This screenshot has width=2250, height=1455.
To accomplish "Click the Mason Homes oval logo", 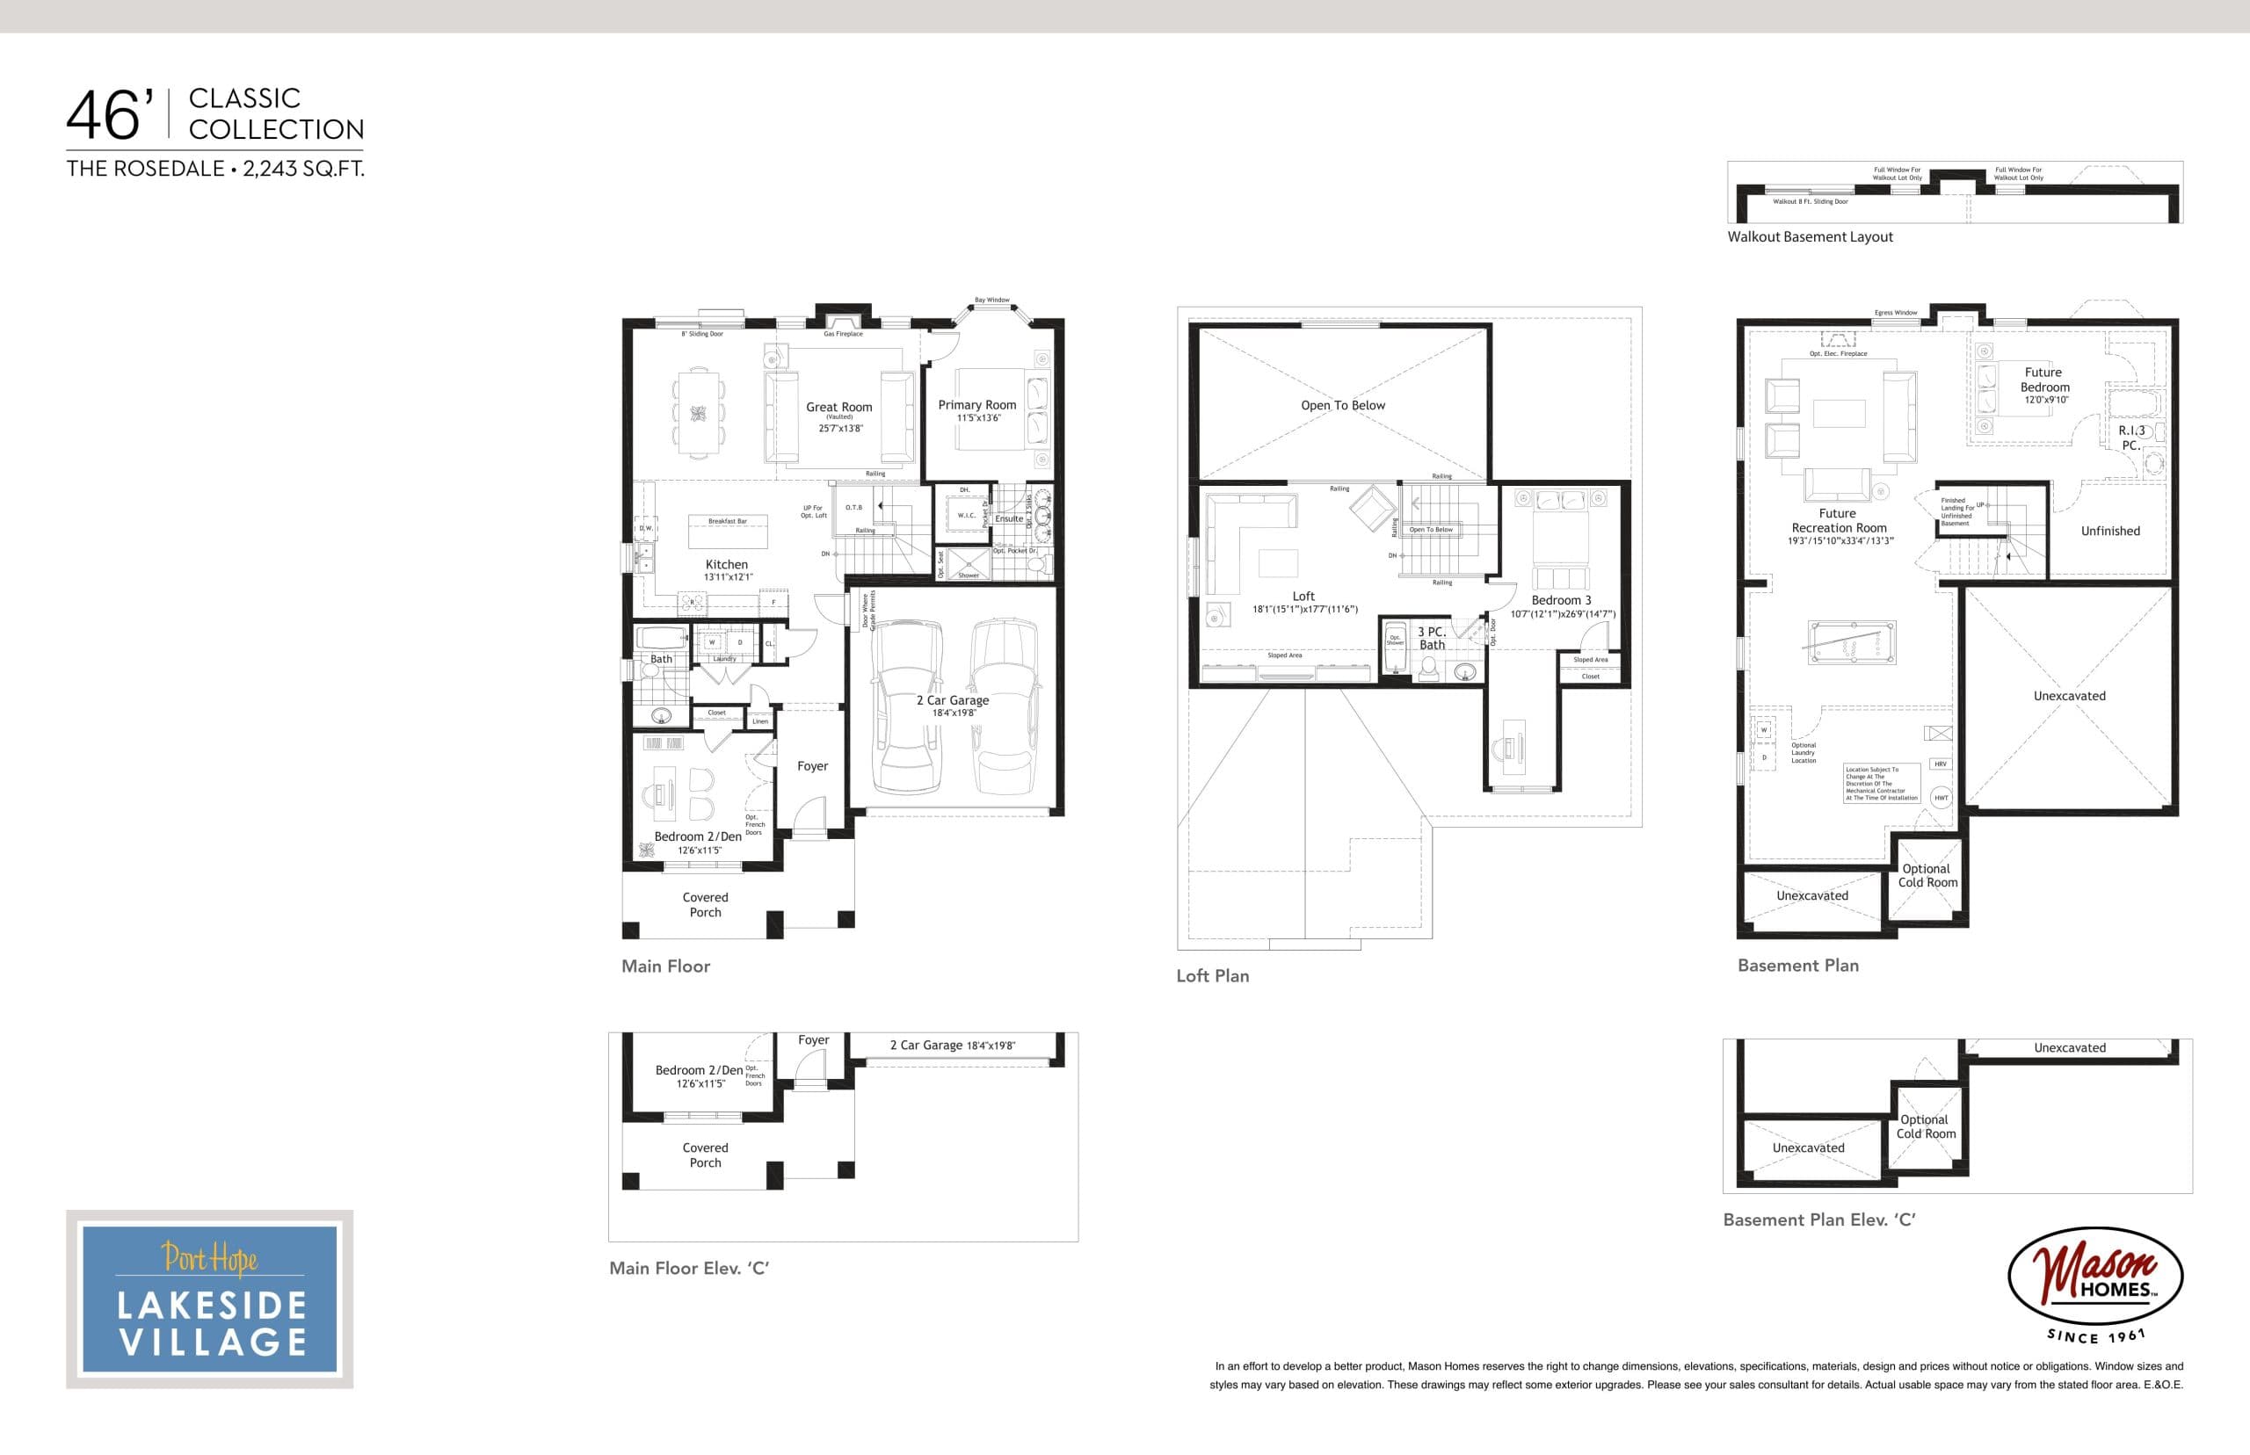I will (2094, 1277).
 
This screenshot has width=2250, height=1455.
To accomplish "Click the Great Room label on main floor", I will (839, 407).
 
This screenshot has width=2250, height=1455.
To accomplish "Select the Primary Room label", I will (977, 404).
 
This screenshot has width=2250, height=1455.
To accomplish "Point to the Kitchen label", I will (727, 564).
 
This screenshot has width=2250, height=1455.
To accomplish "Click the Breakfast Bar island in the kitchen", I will (728, 531).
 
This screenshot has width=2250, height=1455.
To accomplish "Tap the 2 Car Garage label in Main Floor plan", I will (953, 700).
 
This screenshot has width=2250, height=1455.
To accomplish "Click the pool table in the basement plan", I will (1851, 642).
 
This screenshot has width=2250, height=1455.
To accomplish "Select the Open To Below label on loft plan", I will (1343, 405).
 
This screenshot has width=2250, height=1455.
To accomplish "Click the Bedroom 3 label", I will (1561, 600).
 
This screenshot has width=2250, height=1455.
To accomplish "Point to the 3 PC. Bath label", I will (1432, 638).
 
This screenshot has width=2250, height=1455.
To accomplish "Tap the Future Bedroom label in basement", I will (2044, 380).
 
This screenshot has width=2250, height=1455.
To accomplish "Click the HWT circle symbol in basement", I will (1941, 798).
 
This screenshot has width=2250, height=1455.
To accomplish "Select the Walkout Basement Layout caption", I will (1810, 237).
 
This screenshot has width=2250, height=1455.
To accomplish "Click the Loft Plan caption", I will (1212, 976).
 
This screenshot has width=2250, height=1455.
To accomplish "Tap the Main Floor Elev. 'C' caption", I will (689, 1268).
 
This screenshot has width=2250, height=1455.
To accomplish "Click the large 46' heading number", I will (110, 117).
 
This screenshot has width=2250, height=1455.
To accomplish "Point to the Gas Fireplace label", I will (843, 334).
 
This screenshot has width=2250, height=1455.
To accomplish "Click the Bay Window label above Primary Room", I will (992, 300).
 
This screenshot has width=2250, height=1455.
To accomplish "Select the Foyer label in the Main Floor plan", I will (813, 766).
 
